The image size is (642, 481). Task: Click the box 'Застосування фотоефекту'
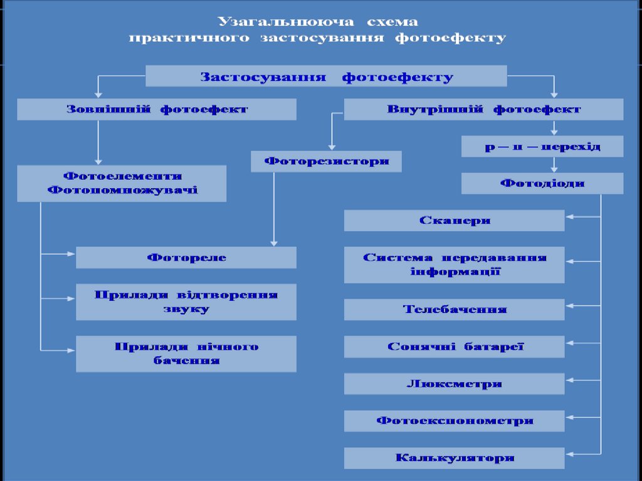click(326, 77)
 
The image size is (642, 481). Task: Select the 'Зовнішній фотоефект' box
click(157, 109)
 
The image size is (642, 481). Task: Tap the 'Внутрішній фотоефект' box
click(483, 109)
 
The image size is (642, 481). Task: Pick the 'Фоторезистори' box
click(326, 161)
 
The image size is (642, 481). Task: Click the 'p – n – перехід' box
click(542, 146)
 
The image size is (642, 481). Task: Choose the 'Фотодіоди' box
click(542, 183)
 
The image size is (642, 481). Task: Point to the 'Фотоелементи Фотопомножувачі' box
click(122, 183)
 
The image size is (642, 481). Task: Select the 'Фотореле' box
click(186, 257)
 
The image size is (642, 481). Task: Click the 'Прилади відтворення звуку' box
click(186, 302)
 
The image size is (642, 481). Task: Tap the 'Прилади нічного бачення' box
click(186, 354)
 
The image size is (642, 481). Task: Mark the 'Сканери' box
click(455, 220)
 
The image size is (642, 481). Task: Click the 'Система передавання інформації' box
click(455, 265)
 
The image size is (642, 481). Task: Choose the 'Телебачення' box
click(455, 309)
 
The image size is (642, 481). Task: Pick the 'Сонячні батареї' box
click(455, 346)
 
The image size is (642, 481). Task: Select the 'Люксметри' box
click(455, 384)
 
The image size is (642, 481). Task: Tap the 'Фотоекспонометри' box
click(455, 421)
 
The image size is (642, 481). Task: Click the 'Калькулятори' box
click(455, 458)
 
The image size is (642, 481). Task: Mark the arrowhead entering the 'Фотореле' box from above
click(273, 243)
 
